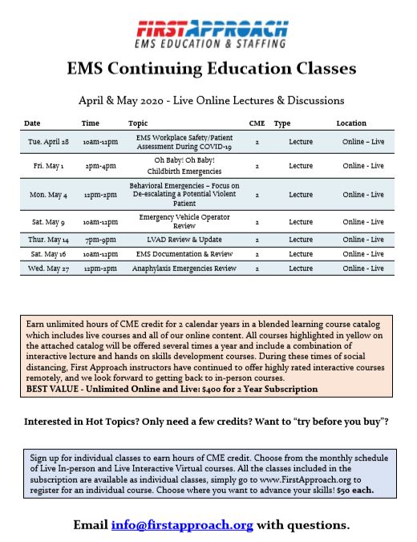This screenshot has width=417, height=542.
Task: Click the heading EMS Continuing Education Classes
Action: pyautogui.click(x=212, y=69)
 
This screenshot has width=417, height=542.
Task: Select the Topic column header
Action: pyautogui.click(x=138, y=123)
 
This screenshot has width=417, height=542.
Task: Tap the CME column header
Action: pyautogui.click(x=257, y=123)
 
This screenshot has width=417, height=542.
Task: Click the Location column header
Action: pyautogui.click(x=351, y=123)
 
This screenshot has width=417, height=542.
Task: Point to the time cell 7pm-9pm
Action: pyautogui.click(x=100, y=240)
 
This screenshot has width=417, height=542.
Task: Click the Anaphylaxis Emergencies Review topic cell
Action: pyautogui.click(x=184, y=268)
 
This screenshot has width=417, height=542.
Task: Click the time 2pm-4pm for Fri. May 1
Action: pyautogui.click(x=100, y=166)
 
